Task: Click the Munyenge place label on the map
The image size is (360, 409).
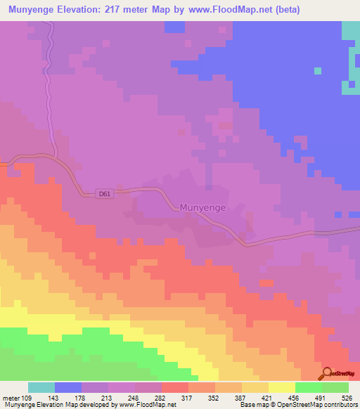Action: [203, 207]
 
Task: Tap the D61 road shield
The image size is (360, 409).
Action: [105, 193]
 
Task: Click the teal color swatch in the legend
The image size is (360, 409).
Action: [41, 387]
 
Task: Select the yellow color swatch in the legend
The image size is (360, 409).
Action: [282, 387]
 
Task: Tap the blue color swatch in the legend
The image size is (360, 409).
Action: [68, 387]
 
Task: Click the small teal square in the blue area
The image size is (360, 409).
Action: [318, 70]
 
